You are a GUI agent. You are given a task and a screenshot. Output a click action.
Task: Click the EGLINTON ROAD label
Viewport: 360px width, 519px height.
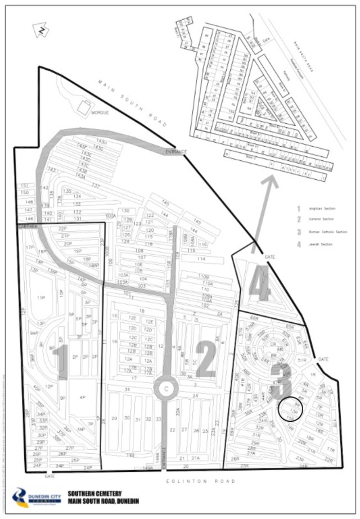(201, 481)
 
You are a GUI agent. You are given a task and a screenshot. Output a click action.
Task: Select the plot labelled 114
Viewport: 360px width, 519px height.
(200, 259)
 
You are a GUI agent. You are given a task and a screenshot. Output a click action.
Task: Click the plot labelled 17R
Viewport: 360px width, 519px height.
(331, 450)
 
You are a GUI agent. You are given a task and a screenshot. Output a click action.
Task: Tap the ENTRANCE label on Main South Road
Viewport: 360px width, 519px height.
(175, 152)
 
